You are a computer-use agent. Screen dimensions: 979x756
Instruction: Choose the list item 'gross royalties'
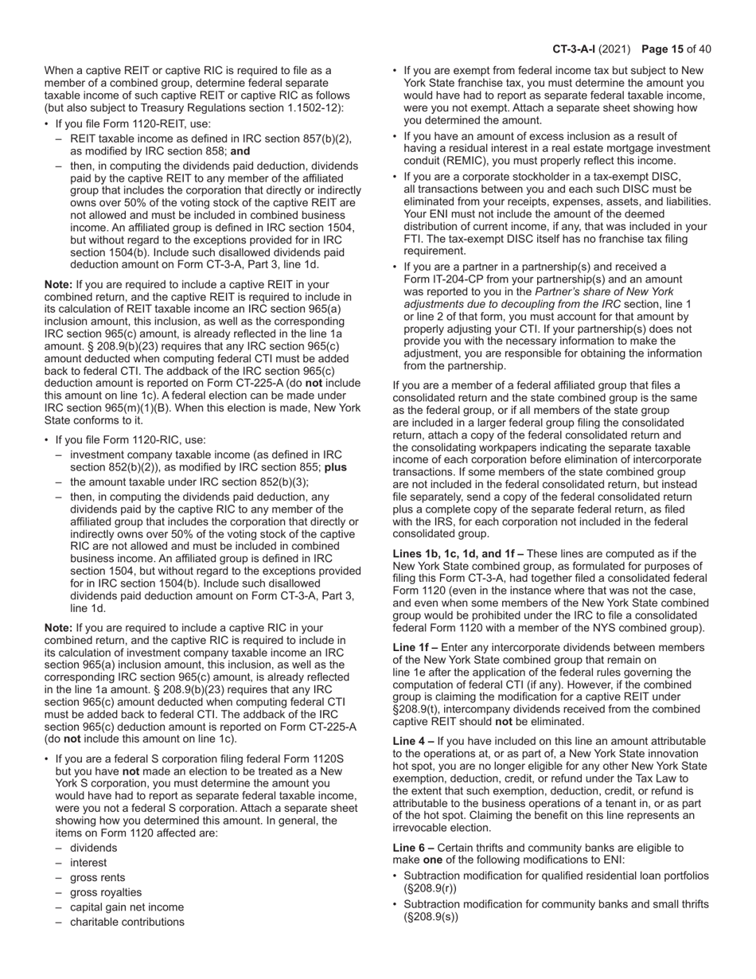coord(106,892)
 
